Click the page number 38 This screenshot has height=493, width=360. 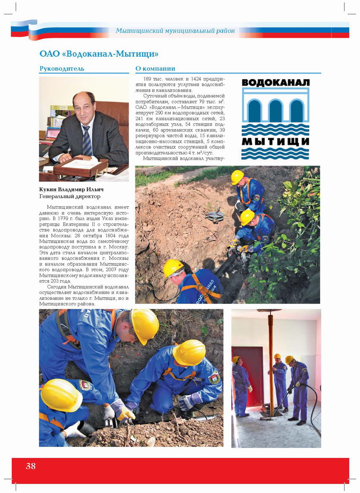[x=31, y=466]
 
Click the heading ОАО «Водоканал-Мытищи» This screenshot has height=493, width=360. [x=99, y=54]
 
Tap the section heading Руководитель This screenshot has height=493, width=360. [x=62, y=69]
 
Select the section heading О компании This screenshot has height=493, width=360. [x=155, y=69]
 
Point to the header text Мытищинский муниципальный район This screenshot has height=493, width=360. [x=175, y=31]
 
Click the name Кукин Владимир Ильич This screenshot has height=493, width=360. [x=71, y=189]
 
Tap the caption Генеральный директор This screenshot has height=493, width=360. [x=70, y=196]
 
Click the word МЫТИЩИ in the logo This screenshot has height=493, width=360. [x=275, y=141]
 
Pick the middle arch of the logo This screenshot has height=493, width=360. [x=275, y=110]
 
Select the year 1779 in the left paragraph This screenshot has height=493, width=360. [x=73, y=218]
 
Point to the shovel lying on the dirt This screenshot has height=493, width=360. [x=215, y=215]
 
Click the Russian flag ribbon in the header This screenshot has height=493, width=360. [x=27, y=29]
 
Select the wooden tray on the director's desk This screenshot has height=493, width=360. [x=81, y=167]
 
